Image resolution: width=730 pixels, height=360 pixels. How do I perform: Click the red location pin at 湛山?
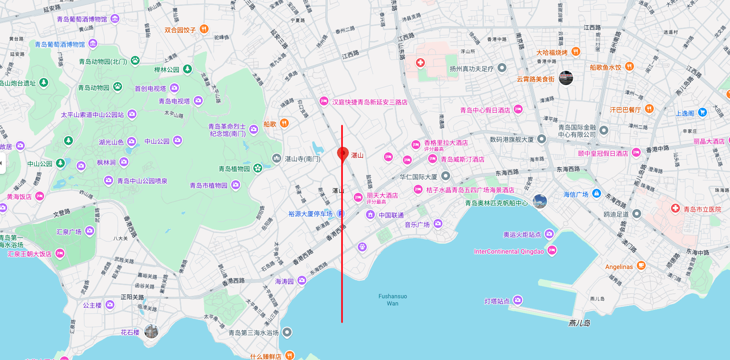343,153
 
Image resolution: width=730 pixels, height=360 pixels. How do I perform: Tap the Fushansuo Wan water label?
392,300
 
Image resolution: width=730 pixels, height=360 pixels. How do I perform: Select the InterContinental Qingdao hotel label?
509,251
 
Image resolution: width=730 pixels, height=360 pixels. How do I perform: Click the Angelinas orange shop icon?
641,265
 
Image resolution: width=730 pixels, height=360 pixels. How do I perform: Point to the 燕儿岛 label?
579,323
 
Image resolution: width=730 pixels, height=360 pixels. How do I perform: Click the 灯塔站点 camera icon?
518,300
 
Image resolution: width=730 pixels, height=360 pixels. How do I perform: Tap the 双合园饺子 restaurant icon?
204,29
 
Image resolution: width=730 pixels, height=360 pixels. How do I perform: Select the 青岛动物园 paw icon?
118,87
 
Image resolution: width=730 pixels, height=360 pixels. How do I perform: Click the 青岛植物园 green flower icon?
258,168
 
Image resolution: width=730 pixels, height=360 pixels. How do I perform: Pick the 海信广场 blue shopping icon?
597,194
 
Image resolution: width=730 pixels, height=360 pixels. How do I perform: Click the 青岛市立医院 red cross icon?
675,208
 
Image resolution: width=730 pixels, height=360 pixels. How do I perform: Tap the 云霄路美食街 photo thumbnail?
566,78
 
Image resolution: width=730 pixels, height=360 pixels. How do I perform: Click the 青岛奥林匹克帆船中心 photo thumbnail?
539,201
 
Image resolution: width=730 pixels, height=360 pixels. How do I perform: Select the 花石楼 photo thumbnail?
151,331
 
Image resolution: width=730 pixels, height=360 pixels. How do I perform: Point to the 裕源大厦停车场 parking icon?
341,214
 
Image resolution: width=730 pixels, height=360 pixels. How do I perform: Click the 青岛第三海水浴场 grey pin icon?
287,333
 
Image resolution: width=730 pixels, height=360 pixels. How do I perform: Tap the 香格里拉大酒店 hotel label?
446,142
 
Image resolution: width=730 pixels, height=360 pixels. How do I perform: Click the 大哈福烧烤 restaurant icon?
575,52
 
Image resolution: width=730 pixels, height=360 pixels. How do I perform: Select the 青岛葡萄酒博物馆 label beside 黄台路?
60,44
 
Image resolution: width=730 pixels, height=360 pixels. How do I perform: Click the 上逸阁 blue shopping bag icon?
703,112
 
